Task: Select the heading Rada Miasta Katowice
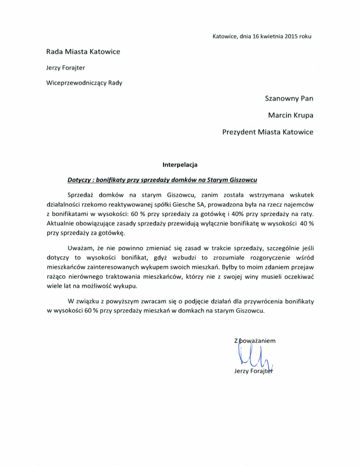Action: pyautogui.click(x=83, y=52)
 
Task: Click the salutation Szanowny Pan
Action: pyautogui.click(x=289, y=99)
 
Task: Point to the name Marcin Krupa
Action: pyautogui.click(x=291, y=115)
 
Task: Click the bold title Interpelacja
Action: pyautogui.click(x=180, y=165)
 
